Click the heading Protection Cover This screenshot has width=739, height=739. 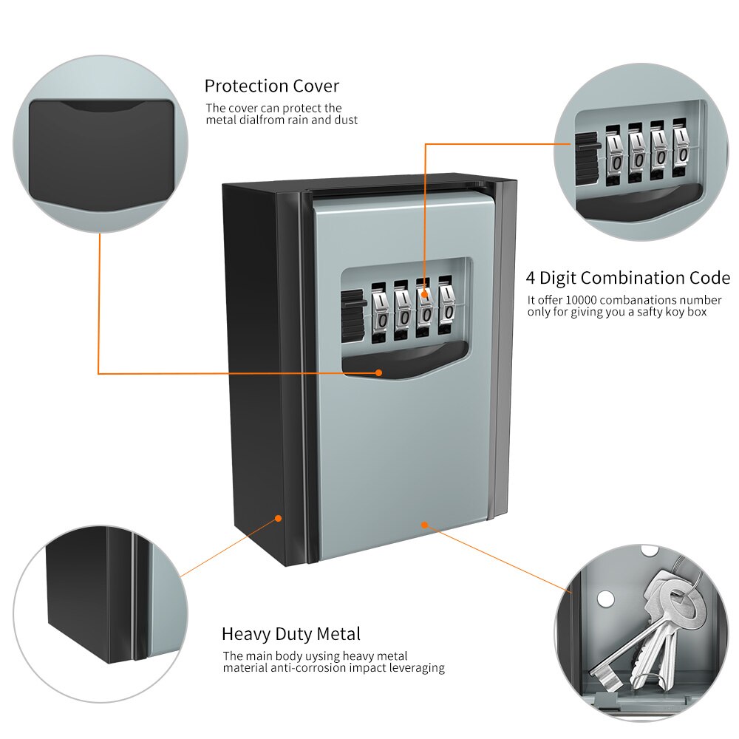pos(272,86)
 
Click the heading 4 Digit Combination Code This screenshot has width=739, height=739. pos(627,279)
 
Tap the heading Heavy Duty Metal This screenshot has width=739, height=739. pos(291,634)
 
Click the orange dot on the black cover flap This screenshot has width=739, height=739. pos(379,373)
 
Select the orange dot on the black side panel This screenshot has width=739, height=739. pos(279,518)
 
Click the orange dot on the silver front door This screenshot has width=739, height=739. pos(423,525)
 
